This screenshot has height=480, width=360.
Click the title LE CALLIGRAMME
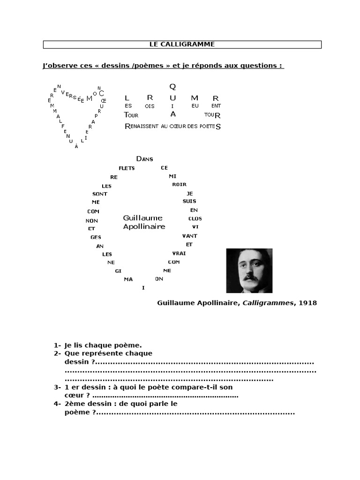182,44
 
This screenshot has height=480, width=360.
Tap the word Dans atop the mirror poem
144,159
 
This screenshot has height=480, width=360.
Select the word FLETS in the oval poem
127,168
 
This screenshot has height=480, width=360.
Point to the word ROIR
179,185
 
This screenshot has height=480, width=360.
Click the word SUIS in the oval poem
189,201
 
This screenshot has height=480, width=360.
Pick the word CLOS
195,218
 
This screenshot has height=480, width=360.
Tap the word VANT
189,236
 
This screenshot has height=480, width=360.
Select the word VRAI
180,253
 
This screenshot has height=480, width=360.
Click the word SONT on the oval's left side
100,194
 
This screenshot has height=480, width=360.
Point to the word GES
96,237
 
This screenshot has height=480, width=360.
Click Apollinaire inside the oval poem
144,226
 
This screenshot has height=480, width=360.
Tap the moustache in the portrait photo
250,277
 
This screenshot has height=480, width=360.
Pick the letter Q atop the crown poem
172,86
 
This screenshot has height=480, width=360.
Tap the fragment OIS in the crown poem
150,106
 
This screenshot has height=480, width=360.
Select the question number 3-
57,387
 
